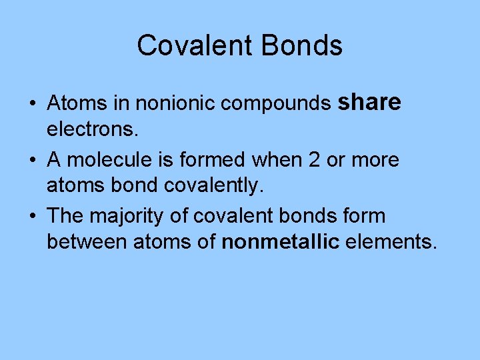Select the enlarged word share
pos(369,102)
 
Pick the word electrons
pos(93,130)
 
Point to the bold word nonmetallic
pos(281,242)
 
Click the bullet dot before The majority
pos(33,217)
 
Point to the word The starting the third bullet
pos(64,216)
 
